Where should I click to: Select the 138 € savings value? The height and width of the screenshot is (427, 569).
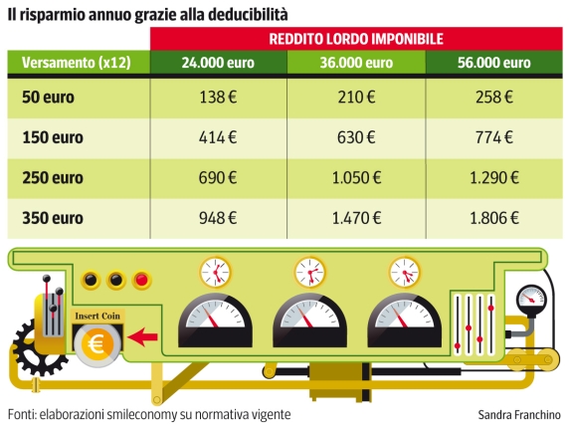coord(219,100)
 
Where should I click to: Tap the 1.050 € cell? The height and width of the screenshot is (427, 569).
coord(356,179)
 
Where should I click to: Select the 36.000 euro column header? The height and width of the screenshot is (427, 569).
coord(356,62)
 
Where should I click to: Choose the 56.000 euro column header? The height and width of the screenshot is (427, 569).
coord(494,62)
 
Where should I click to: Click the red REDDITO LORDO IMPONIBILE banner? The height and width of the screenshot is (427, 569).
coord(355,39)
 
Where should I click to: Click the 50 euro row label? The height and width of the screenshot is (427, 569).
coord(49,100)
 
